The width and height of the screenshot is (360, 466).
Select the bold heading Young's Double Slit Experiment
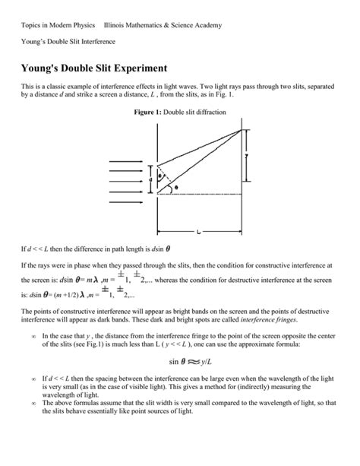pyautogui.click(x=96, y=68)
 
